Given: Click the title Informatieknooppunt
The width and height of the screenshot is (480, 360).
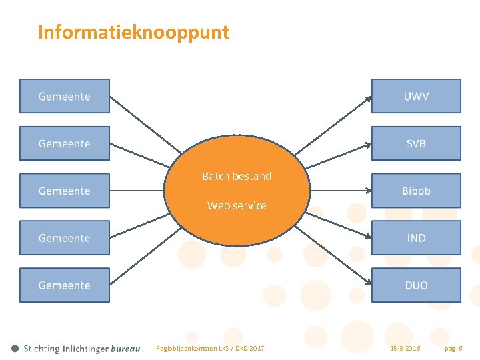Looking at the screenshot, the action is pos(133,32).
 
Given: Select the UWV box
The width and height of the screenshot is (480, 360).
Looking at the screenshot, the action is pos(416,96).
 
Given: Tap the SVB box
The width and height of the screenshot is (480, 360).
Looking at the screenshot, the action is pos(416,143).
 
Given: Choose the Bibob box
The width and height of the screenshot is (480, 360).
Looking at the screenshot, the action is pos(416,191).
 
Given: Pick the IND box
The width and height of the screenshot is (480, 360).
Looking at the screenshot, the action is pos(416,238).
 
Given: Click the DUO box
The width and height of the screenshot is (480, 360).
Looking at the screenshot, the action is pos(416,285).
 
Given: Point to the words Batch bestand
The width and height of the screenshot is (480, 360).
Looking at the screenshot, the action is pos(237,177).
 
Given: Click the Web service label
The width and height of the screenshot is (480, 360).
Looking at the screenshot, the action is pos(237,205).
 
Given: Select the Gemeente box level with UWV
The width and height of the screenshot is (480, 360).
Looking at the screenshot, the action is pos(65,96).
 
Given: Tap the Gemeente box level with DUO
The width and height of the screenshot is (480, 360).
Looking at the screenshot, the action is pos(65,285).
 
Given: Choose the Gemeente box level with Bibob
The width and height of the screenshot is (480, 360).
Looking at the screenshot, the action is pos(65,191).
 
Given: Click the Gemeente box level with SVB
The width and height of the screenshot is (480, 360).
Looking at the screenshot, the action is pos(65,143).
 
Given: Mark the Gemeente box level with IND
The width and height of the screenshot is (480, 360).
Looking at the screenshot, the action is pos(65,238).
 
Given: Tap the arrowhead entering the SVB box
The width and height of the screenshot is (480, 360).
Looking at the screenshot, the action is pos(368,145).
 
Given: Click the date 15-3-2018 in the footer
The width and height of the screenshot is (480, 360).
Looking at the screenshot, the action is pos(405,349).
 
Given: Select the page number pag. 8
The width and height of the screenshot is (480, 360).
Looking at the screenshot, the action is pos(453,349).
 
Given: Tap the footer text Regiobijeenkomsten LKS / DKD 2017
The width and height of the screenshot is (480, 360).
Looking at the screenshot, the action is pos(210,349).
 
